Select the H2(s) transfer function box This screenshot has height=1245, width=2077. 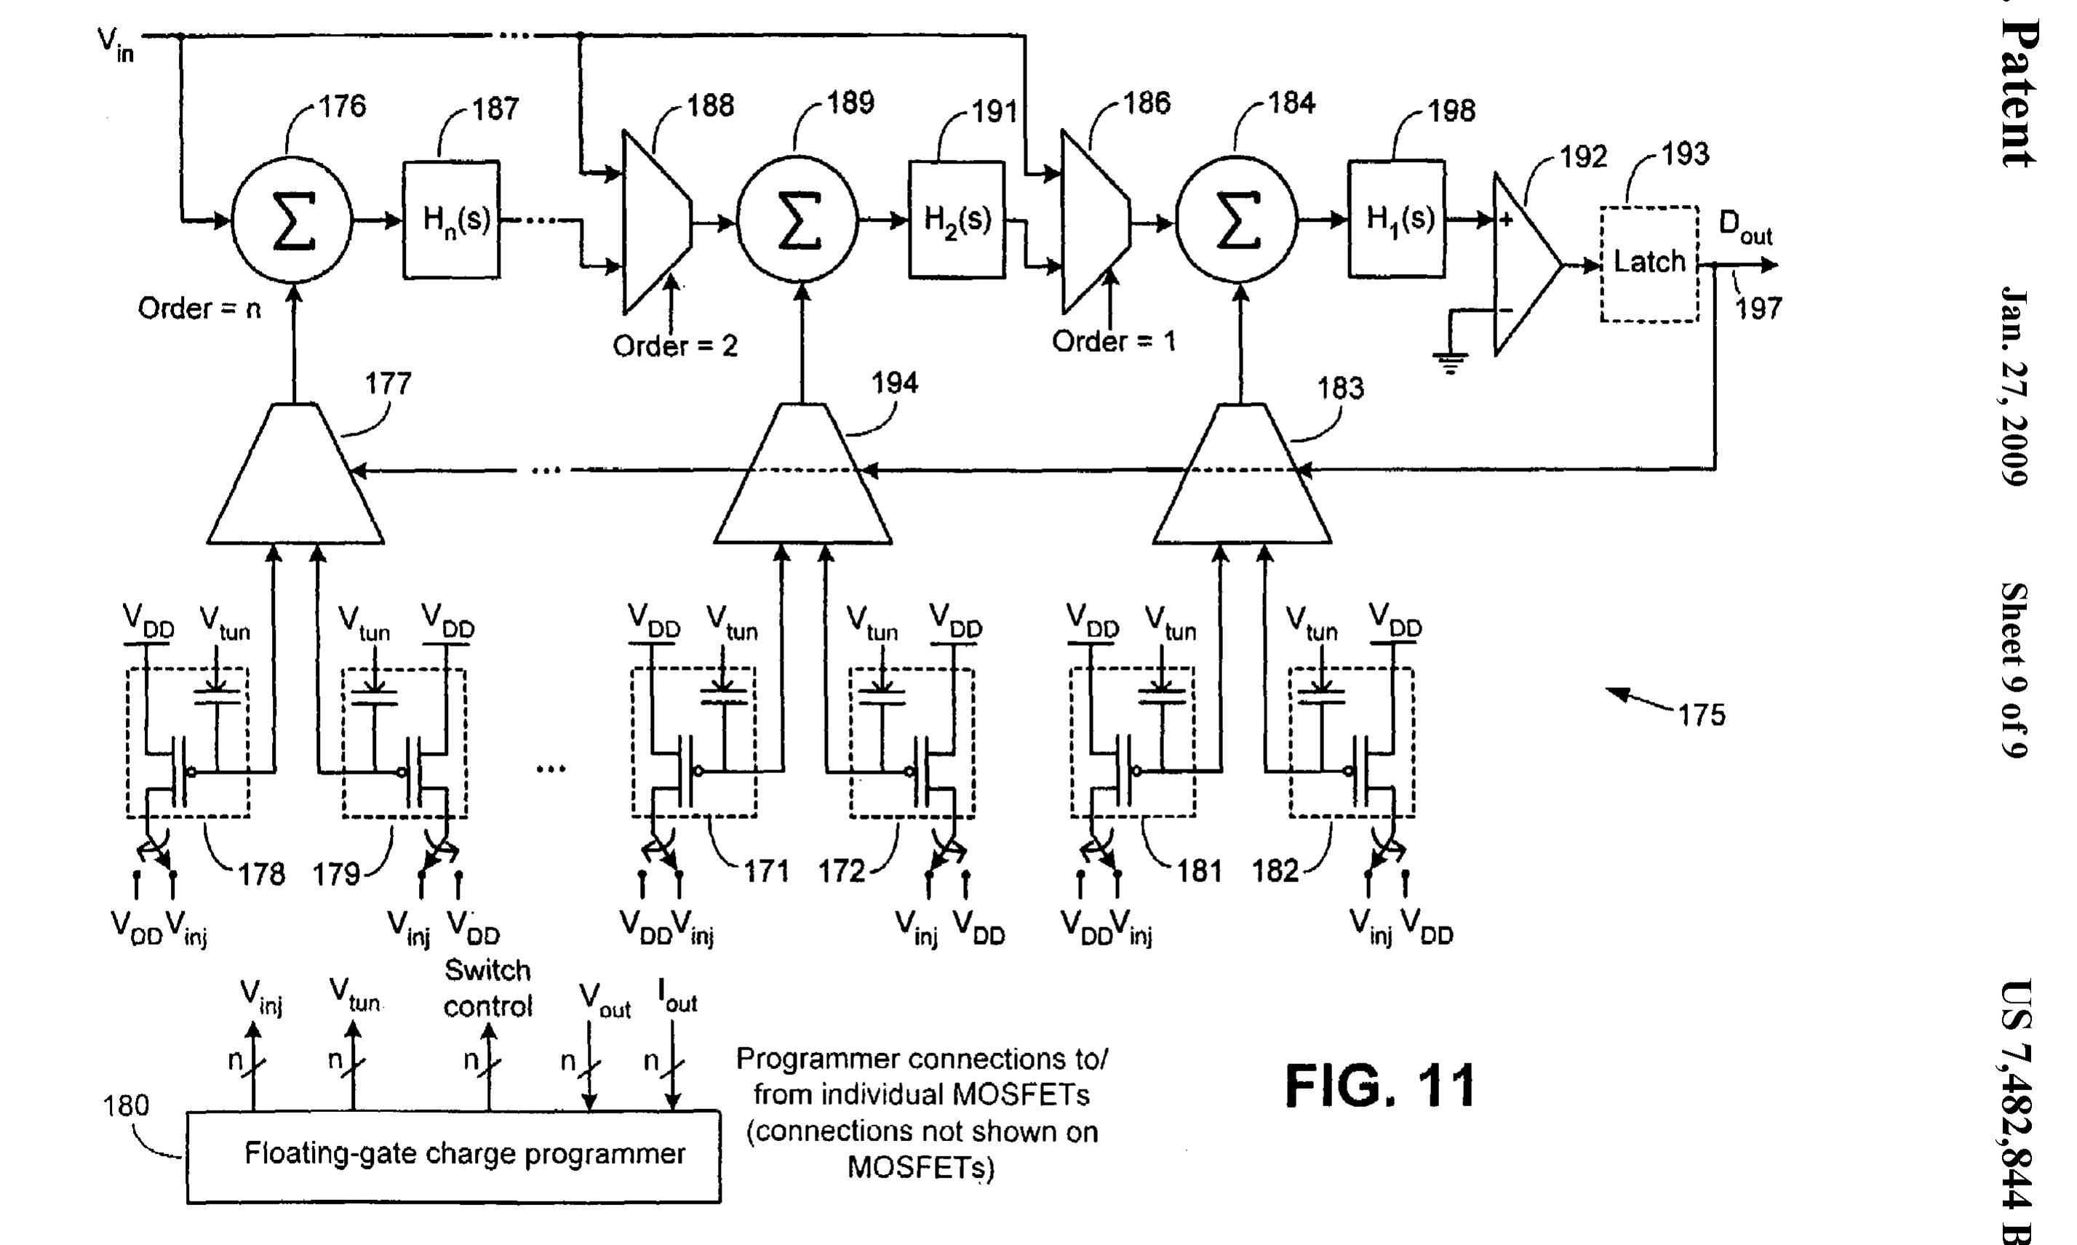click(x=957, y=220)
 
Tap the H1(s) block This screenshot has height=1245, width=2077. click(x=1396, y=219)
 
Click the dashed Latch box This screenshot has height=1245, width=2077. click(x=1649, y=263)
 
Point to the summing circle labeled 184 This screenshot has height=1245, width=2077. click(x=1237, y=222)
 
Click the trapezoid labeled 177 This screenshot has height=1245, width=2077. click(x=295, y=479)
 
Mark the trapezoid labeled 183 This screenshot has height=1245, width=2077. click(x=1241, y=479)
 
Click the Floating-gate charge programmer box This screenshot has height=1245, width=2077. click(x=453, y=1157)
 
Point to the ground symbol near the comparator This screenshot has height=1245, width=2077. click(x=1450, y=362)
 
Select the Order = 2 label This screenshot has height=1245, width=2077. click(x=674, y=345)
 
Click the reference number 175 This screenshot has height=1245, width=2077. click(x=1701, y=715)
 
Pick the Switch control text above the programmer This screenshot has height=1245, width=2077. click(x=487, y=988)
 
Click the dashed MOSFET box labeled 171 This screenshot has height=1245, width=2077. click(x=694, y=742)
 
